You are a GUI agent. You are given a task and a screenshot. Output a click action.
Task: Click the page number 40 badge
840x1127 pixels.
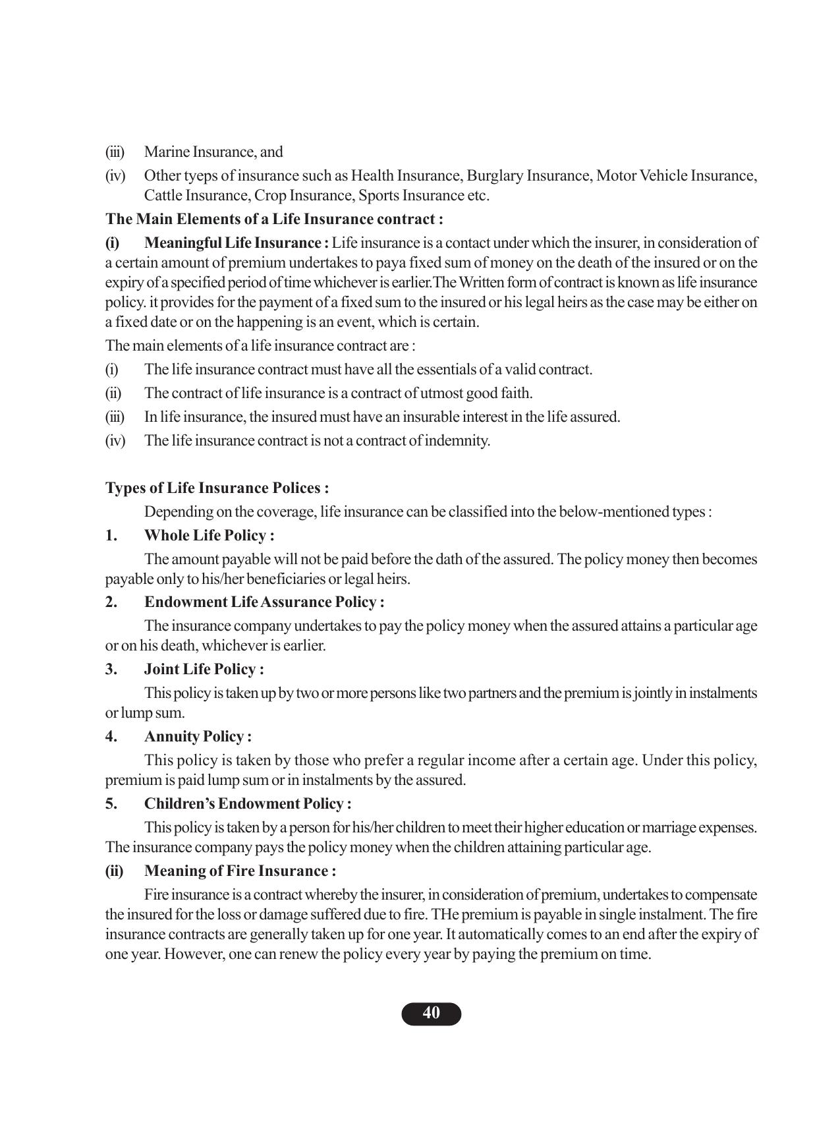pos(431,1014)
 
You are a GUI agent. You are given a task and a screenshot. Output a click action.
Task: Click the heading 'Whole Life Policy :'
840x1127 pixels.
pos(209,535)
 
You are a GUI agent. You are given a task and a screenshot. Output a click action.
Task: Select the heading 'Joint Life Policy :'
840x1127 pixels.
pos(204,670)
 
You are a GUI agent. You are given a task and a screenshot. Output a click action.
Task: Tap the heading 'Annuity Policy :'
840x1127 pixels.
pos(198,737)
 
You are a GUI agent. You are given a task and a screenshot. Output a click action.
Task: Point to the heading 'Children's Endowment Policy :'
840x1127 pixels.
pos(247,804)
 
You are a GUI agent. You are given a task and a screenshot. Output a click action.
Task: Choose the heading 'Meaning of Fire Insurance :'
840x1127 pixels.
pos(240,871)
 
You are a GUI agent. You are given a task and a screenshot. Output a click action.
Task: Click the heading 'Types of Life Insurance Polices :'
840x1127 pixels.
pos(217,488)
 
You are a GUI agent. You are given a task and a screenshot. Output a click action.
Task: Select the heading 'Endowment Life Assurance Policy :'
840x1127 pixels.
pos(264,602)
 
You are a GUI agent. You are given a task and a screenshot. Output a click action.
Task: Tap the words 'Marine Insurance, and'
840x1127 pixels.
pos(213,152)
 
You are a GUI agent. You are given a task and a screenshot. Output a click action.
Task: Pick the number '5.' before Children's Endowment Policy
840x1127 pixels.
pos(111,804)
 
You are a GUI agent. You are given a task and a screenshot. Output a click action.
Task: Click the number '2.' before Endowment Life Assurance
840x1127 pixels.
pos(111,602)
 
